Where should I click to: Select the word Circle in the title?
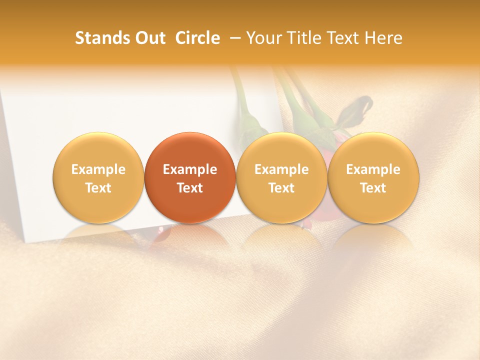click(x=197, y=38)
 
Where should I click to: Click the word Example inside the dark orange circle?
click(x=190, y=169)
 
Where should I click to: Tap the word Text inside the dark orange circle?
click(x=190, y=188)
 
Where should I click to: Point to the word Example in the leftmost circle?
click(x=98, y=169)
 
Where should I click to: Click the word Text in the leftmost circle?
click(x=98, y=188)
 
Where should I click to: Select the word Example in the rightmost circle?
click(x=373, y=169)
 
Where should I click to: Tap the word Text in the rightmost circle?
click(x=373, y=188)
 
